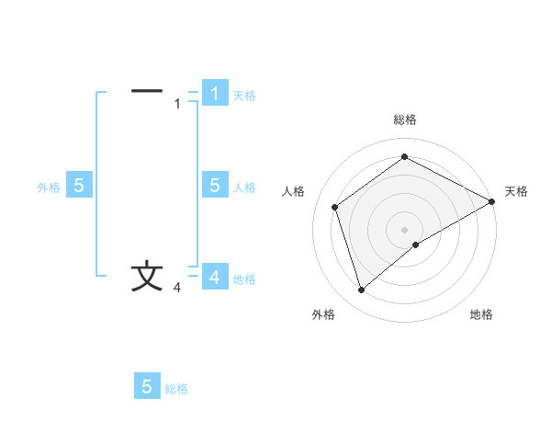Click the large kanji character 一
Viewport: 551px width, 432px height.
tap(147, 91)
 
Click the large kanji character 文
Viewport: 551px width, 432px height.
tap(147, 277)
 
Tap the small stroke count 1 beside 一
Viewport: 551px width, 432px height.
tap(177, 104)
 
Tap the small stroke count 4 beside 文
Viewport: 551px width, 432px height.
tap(177, 289)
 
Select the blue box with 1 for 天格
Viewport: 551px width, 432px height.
tap(215, 94)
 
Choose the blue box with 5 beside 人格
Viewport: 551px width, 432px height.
tap(215, 186)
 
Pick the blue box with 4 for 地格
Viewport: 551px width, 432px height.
tap(215, 277)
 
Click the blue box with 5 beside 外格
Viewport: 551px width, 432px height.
tap(79, 186)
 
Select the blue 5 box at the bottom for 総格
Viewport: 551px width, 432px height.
tap(147, 386)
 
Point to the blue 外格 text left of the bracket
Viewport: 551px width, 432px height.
tap(49, 188)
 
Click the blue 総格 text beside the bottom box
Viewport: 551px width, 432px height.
tap(176, 389)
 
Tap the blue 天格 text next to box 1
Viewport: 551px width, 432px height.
tap(244, 96)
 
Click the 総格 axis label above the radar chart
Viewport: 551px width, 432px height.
tap(405, 120)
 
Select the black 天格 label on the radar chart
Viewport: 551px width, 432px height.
tap(516, 191)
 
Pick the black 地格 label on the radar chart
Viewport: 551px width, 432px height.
tap(481, 315)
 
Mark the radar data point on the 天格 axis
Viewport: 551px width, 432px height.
tap(492, 201)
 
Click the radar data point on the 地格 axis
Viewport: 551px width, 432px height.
tap(417, 244)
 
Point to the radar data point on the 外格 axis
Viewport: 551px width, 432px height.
tap(361, 290)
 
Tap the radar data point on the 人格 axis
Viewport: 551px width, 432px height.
tap(335, 207)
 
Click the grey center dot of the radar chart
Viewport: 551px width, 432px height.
tap(405, 229)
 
